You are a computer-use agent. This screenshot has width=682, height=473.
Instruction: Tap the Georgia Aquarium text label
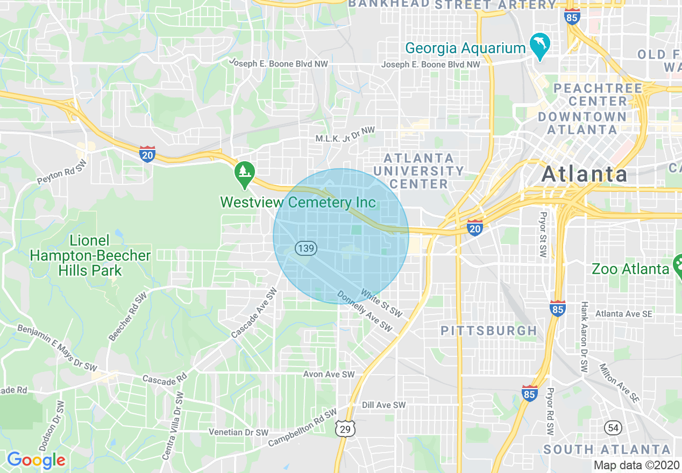tap(465, 48)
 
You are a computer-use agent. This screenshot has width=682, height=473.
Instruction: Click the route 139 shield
tap(306, 248)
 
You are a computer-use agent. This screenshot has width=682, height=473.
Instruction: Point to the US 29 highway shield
tap(344, 428)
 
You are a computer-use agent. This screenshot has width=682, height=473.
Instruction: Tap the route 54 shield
tap(613, 428)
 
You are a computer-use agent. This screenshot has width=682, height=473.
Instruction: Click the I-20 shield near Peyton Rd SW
tap(147, 154)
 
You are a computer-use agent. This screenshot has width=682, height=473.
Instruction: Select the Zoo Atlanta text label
tap(630, 269)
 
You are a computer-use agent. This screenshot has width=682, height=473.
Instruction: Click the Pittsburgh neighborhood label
tap(488, 331)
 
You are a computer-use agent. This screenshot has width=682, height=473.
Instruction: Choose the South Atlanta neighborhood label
tap(607, 449)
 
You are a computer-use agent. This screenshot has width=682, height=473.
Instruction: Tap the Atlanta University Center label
tap(418, 171)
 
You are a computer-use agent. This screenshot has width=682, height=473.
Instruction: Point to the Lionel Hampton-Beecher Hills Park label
tap(90, 255)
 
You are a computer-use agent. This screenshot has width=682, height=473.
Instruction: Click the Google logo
tap(36, 460)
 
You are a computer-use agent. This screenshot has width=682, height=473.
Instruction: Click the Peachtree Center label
tap(598, 95)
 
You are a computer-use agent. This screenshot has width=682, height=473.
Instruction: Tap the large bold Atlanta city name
tap(584, 174)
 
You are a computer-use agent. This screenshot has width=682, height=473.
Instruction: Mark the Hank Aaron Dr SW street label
tap(584, 337)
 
